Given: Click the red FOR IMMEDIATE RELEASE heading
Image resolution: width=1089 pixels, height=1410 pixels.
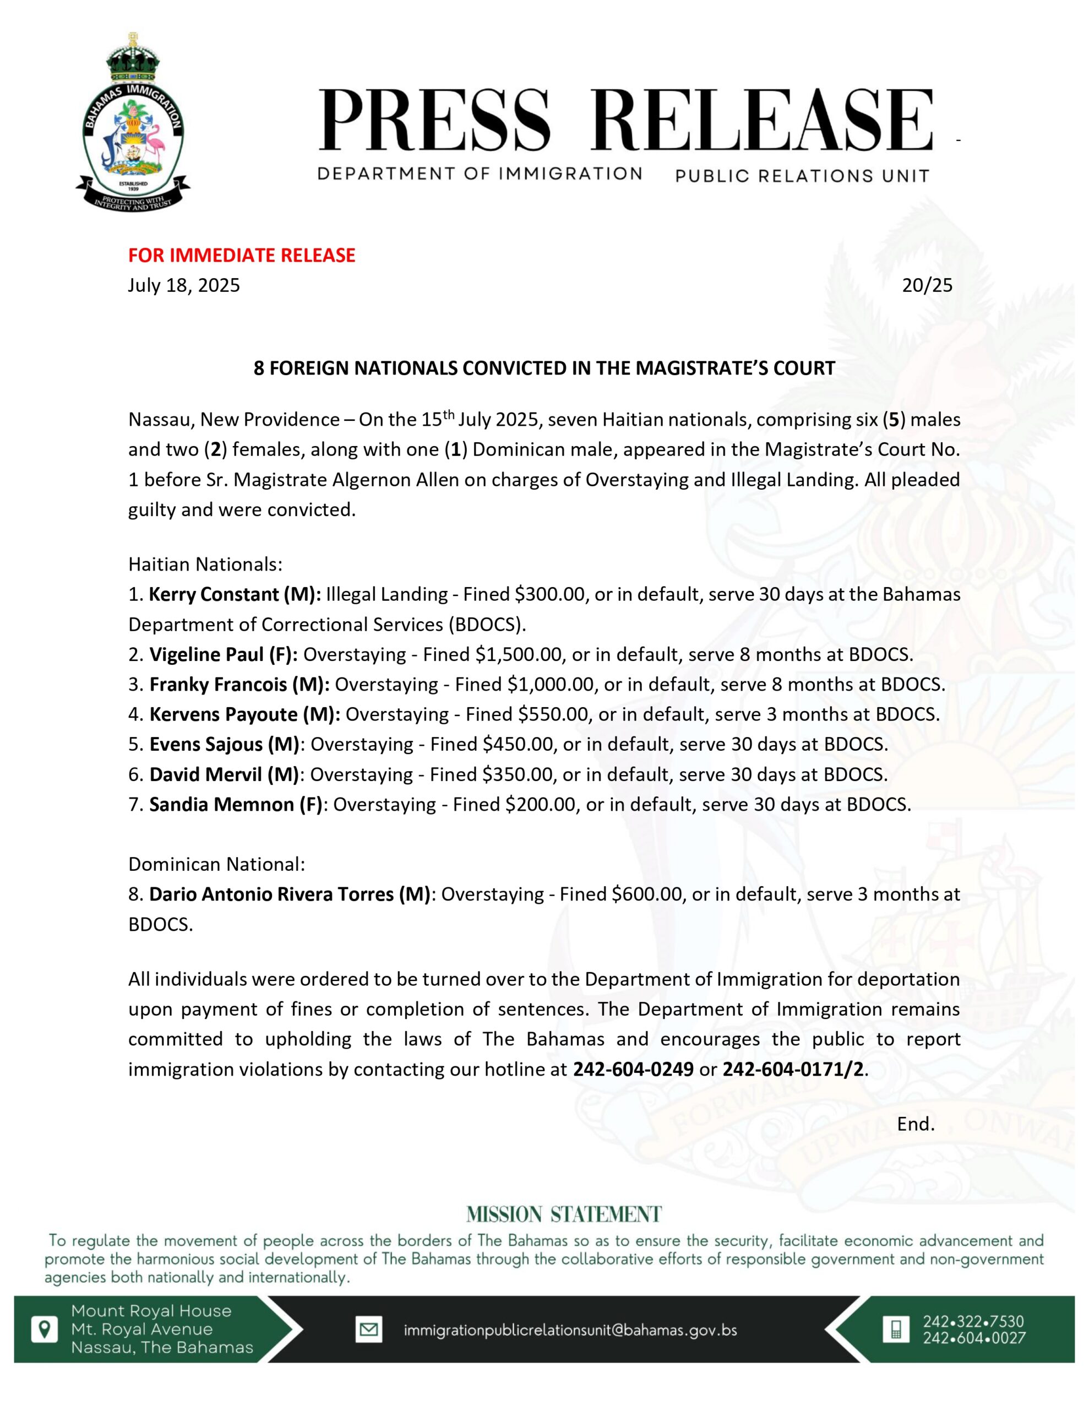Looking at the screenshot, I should pyautogui.click(x=242, y=256).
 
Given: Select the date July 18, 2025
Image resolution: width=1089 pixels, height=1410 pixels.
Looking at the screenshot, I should pyautogui.click(x=184, y=285).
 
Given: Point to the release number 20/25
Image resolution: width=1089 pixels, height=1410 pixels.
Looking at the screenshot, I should pyautogui.click(x=927, y=285).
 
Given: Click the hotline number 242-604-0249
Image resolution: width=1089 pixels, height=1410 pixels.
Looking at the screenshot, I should pyautogui.click(x=633, y=1070).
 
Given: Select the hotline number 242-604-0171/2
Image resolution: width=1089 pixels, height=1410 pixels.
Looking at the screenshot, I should pyautogui.click(x=793, y=1070).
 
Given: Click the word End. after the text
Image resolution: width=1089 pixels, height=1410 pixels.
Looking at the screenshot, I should pyautogui.click(x=916, y=1124).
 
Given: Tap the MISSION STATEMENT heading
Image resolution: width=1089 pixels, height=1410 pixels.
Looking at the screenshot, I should pyautogui.click(x=564, y=1214).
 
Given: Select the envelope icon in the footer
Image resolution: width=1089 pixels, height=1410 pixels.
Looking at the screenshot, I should pyautogui.click(x=368, y=1329).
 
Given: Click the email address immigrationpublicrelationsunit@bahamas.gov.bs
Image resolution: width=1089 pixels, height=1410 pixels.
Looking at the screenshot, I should pyautogui.click(x=570, y=1330).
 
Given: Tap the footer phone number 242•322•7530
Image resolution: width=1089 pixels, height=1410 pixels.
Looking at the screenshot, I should pyautogui.click(x=973, y=1321).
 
